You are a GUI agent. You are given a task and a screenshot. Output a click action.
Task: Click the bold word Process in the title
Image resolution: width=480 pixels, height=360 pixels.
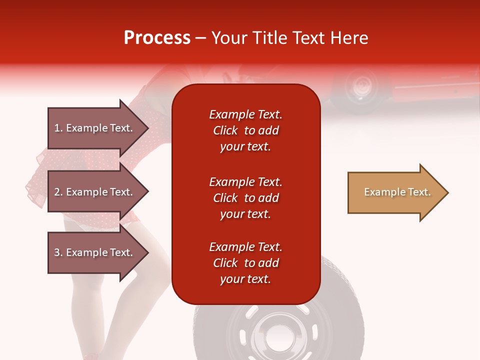point(157,38)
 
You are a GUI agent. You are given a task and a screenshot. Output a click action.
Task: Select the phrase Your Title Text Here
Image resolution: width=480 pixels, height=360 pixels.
point(290,38)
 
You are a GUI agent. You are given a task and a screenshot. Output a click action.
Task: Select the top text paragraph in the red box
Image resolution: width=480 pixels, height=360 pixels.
point(245,130)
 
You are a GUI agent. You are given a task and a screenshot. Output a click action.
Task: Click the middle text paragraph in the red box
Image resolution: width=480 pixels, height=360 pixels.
point(245,198)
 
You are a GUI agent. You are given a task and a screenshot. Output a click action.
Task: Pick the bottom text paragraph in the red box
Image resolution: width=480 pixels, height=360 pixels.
point(245,263)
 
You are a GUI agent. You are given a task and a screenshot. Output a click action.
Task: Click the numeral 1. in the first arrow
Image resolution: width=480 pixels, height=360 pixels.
point(58,128)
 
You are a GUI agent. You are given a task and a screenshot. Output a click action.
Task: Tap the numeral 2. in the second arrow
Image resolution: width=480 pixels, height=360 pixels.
point(58,192)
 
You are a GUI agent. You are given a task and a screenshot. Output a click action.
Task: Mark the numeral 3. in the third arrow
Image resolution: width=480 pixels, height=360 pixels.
point(58,252)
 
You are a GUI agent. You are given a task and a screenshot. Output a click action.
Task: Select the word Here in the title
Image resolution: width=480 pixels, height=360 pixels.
point(351,38)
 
